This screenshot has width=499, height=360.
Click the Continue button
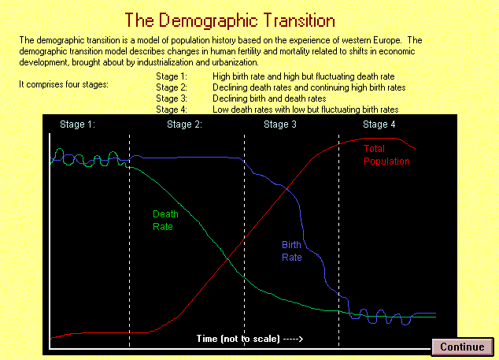tap(463, 347)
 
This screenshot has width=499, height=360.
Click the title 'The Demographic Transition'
tap(230, 20)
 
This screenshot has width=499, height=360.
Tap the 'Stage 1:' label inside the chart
tap(77, 124)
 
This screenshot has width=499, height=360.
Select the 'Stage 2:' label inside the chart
tap(185, 124)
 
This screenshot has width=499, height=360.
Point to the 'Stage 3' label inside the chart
tap(280, 124)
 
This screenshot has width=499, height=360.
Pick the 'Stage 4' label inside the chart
tap(379, 124)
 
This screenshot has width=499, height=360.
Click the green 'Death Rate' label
tap(165, 220)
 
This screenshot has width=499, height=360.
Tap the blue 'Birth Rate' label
tap(292, 251)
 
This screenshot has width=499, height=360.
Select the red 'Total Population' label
tap(386, 155)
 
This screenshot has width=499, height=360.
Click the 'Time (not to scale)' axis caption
tap(238, 338)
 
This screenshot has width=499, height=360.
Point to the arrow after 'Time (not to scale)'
tap(293, 339)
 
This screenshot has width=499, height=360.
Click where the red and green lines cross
tap(227, 260)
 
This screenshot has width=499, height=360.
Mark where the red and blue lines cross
tap(287, 189)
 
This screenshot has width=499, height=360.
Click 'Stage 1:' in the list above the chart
tap(172, 76)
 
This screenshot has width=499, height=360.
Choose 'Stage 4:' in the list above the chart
tap(172, 109)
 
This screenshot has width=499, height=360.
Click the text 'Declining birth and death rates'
tap(269, 98)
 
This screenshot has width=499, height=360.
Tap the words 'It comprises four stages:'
tap(64, 84)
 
